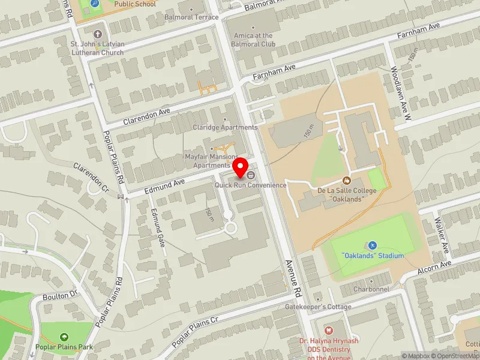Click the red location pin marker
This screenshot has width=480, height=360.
[241, 167]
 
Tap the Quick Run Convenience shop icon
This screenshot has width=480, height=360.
[250, 175]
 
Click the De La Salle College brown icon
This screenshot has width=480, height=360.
[346, 180]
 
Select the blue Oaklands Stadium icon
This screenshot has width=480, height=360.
[372, 245]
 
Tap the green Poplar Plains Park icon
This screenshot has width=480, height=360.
[64, 337]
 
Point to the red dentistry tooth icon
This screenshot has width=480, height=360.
[328, 330]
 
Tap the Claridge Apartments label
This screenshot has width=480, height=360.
[225, 127]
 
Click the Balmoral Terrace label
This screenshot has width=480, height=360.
[191, 17]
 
